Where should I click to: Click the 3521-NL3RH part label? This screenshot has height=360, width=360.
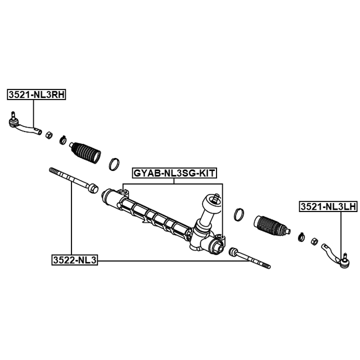tap(37, 94)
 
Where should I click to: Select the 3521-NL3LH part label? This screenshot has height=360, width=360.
tap(328, 207)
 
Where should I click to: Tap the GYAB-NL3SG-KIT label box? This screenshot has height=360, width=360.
tap(174, 173)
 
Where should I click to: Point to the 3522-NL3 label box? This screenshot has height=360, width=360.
tap(75, 260)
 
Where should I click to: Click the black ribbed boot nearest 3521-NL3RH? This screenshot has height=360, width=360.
tap(85, 152)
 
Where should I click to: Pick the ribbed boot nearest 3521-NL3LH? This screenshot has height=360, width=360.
tap(272, 227)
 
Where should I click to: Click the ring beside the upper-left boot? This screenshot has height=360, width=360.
tap(114, 164)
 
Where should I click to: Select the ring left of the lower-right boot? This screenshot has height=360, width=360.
tap(239, 215)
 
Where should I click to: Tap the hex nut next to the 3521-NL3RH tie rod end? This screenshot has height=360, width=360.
tap(49, 135)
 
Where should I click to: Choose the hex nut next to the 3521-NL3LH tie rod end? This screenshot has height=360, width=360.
tap(314, 241)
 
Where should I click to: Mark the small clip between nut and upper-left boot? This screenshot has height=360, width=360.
tap(62, 140)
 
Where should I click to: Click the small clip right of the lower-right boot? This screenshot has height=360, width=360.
tap(301, 237)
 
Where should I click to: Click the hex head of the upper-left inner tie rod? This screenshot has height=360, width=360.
tap(93, 188)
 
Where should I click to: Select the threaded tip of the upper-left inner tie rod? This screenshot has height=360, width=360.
tap(55, 172)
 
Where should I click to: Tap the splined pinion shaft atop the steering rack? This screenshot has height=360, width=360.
tap(216, 198)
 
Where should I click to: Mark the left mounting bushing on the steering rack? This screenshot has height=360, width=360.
tap(124, 192)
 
